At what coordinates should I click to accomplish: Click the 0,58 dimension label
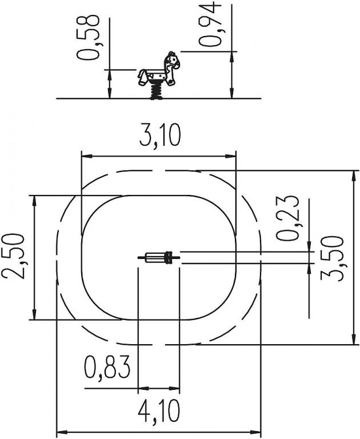click(x=88, y=38)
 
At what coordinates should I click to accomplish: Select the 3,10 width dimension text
click(x=160, y=135)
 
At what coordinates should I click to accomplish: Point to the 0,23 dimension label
click(x=287, y=218)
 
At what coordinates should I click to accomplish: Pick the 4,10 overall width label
click(x=158, y=411)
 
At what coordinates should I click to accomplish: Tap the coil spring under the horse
click(x=157, y=91)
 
